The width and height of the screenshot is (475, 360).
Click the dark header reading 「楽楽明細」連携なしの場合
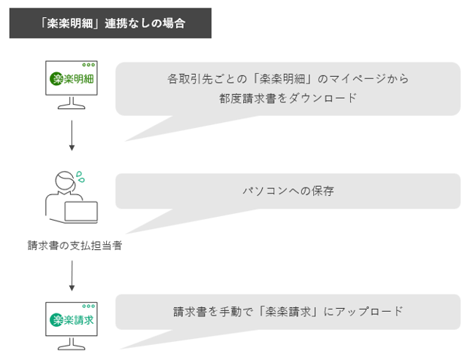tap(110, 23)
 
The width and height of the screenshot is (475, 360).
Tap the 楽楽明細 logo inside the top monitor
tap(72, 79)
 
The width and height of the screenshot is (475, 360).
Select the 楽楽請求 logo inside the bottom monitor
tap(72, 319)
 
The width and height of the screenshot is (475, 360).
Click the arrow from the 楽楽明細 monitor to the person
tap(72, 135)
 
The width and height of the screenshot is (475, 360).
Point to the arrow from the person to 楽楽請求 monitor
tap(72, 276)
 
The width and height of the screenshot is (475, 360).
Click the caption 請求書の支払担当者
tap(75, 246)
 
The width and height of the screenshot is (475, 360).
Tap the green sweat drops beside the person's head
tap(81, 177)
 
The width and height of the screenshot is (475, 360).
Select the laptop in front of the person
tap(81, 212)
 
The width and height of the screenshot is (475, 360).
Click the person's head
tap(65, 181)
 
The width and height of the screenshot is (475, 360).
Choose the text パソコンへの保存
tap(288, 191)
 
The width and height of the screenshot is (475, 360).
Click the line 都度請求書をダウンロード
tap(288, 98)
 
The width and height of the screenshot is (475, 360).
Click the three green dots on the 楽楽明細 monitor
tap(89, 65)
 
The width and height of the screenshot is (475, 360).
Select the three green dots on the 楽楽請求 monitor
tap(89, 306)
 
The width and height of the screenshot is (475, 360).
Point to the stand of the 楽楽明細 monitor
tap(72, 102)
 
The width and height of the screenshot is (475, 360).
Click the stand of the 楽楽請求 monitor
tap(72, 343)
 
